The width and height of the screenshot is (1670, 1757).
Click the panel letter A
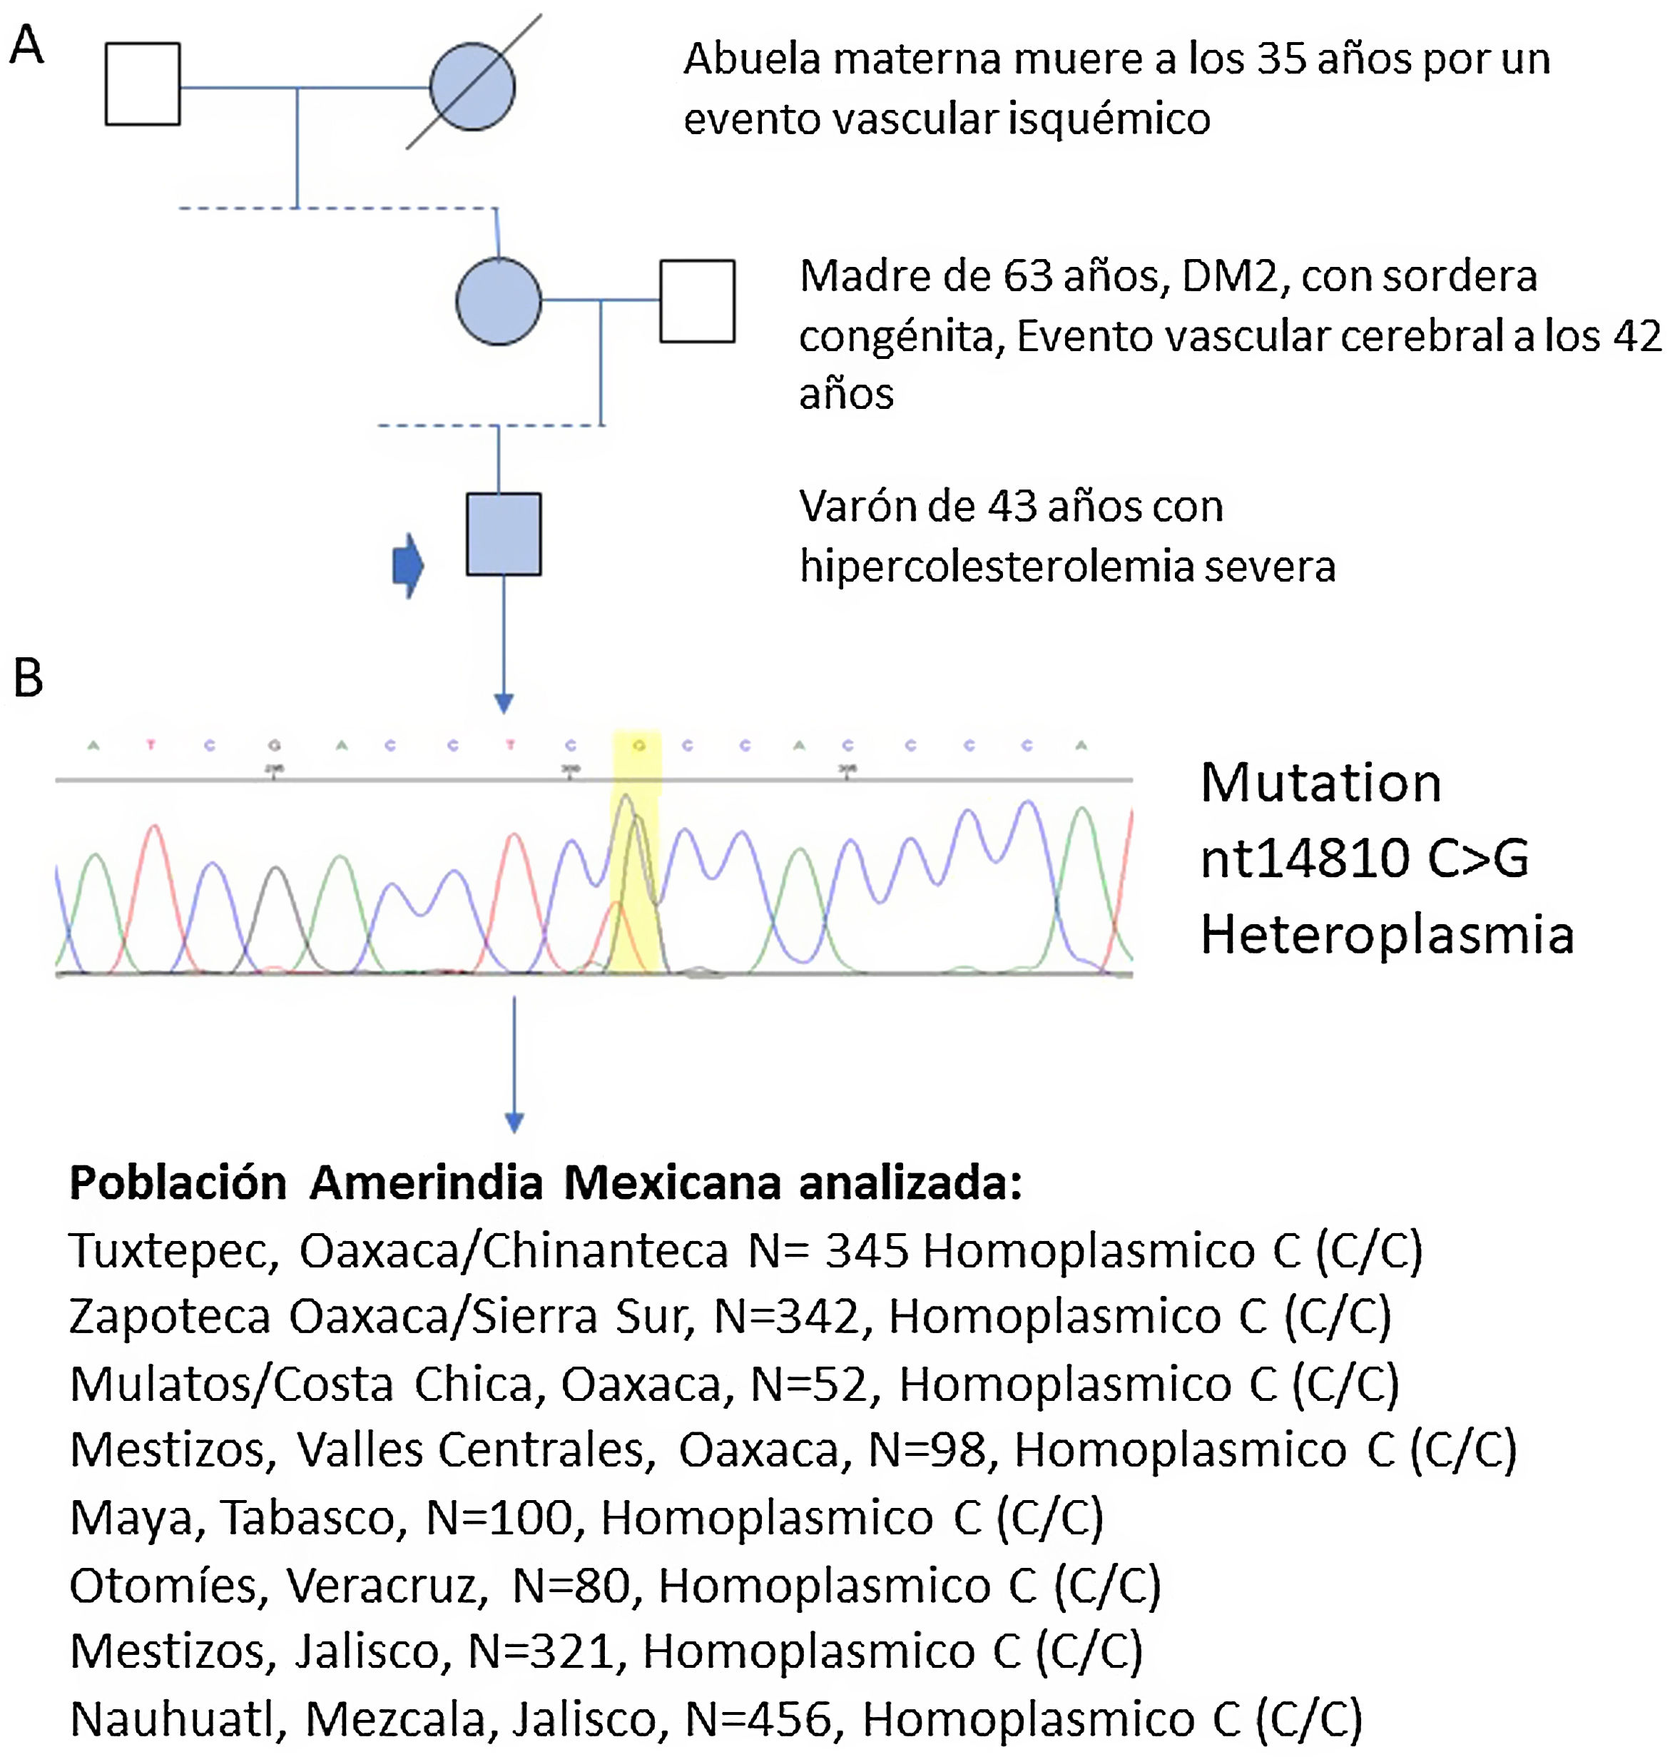26,46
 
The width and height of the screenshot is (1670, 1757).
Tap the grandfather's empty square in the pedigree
143,83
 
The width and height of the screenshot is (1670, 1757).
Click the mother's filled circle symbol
499,302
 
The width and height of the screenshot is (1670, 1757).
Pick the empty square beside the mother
697,301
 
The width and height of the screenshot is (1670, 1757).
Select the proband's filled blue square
504,535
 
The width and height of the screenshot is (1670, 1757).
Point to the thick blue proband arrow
408,565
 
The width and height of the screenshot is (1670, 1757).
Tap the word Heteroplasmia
1387,935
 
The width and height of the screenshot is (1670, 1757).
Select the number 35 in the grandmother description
1283,60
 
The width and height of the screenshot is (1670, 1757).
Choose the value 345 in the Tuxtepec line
866,1250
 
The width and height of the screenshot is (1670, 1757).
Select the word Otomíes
163,1585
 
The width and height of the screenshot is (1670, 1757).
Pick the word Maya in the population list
132,1519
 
